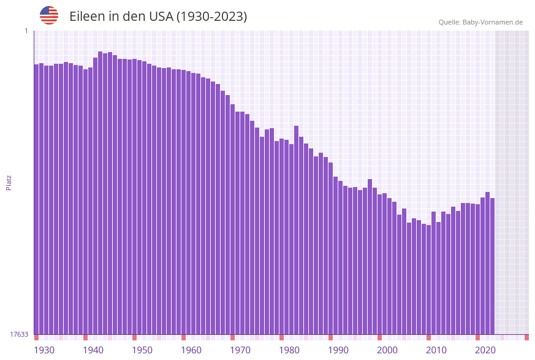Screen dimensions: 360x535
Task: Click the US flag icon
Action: [x=49, y=15]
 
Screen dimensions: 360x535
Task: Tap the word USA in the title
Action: [x=159, y=17]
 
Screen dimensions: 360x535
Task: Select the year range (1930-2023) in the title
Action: [x=212, y=17]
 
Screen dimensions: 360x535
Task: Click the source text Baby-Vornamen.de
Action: [x=493, y=22]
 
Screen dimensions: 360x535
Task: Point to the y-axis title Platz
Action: [x=9, y=182]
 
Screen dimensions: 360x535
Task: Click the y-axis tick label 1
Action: [x=26, y=31]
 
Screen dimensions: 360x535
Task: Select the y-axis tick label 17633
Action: [x=20, y=334]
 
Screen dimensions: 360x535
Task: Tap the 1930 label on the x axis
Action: [x=44, y=350]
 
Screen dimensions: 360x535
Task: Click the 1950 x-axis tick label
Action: [x=142, y=350]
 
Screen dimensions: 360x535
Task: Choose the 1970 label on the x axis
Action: [x=240, y=350]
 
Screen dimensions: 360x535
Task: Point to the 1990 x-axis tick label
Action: [x=338, y=350]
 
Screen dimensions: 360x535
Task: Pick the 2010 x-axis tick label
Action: [x=436, y=350]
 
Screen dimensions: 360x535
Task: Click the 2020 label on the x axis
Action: [x=485, y=350]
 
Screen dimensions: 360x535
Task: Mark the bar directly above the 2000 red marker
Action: [x=380, y=264]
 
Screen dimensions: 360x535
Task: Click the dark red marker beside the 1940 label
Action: [x=85, y=337]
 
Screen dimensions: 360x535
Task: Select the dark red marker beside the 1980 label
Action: [x=282, y=337]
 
